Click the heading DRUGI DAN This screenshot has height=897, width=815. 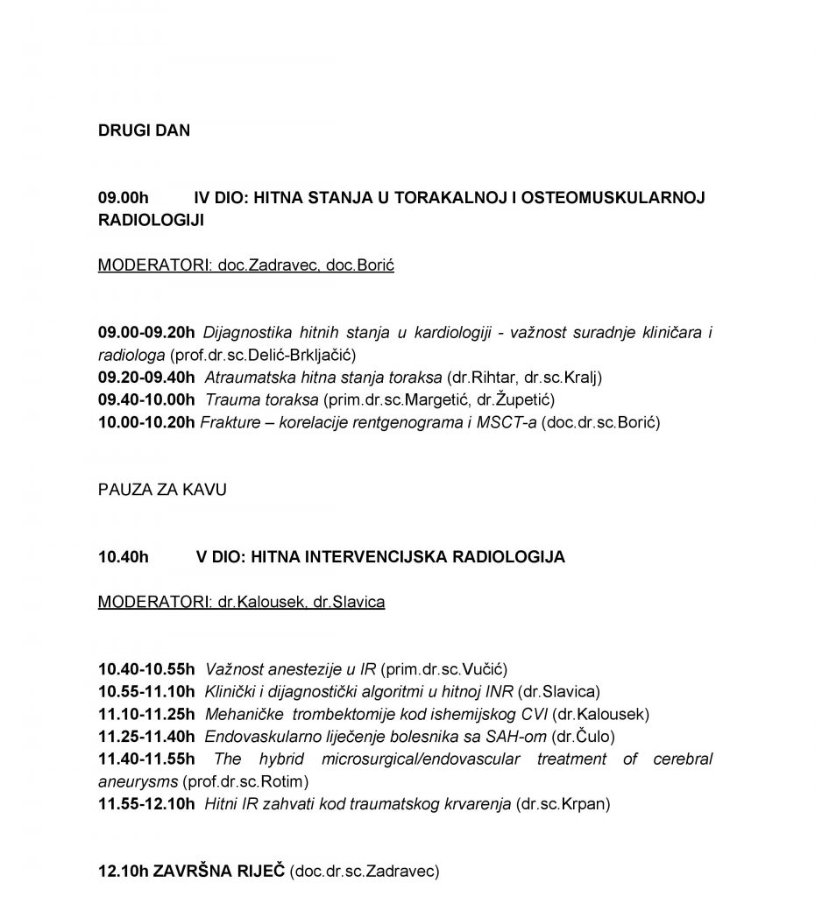pos(144,131)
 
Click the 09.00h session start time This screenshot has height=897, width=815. pos(123,198)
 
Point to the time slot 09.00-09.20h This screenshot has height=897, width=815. pos(147,333)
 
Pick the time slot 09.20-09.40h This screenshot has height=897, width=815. pos(147,378)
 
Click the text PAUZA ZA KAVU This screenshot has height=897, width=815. pos(162,490)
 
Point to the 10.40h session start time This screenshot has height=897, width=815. pos(123,557)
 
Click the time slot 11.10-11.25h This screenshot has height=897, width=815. pos(147,715)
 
